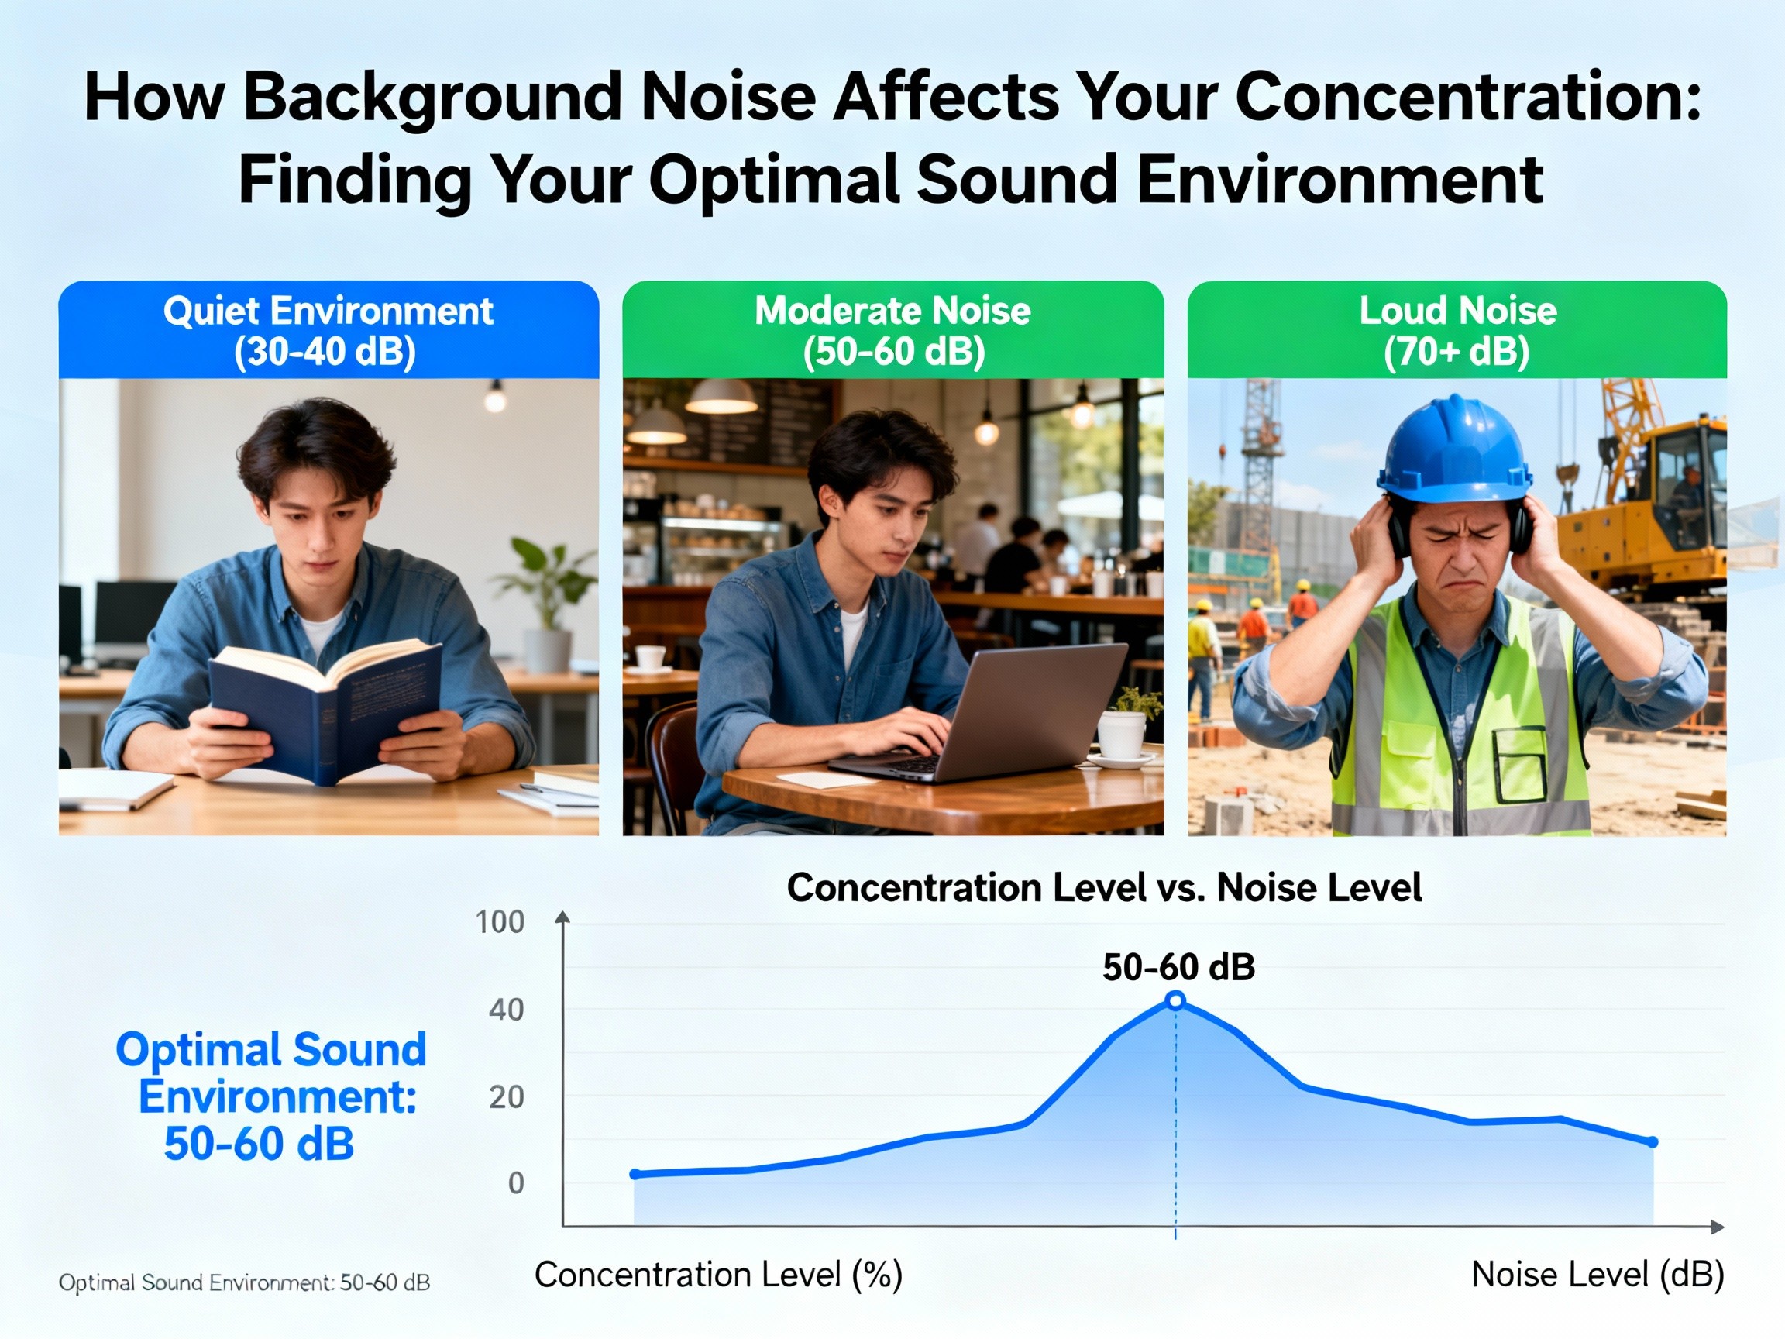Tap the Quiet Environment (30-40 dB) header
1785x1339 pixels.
tap(328, 331)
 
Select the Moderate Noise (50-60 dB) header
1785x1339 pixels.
tap(892, 331)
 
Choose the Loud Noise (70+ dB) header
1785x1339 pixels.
tap(1457, 331)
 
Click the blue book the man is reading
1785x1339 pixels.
tap(323, 711)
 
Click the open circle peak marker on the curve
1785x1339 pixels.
tap(1176, 1001)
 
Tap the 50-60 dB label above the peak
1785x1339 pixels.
tap(1178, 967)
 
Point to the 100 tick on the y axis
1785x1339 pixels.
tap(500, 921)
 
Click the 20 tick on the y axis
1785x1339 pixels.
tap(506, 1097)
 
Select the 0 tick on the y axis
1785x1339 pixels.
tap(516, 1183)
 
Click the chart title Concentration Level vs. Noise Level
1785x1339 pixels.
tap(1103, 888)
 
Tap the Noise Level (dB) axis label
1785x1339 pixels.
tap(1597, 1275)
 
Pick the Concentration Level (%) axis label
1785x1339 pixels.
tap(718, 1275)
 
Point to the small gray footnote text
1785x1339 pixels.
tap(244, 1282)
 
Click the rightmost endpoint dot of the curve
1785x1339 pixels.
tap(1652, 1142)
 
